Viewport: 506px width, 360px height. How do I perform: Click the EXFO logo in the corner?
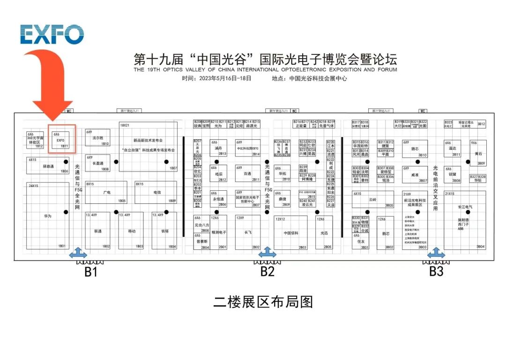[x=52, y=34]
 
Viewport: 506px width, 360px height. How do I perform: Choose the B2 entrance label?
[x=267, y=272]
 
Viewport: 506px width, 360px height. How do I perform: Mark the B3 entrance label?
[x=436, y=272]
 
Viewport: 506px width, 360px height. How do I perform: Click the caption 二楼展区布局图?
[x=263, y=301]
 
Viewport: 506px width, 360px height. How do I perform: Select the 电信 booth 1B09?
[x=156, y=192]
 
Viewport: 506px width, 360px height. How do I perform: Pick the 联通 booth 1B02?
[x=98, y=231]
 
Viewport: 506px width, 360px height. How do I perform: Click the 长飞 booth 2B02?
[x=247, y=232]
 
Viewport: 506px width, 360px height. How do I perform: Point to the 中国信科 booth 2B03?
[x=290, y=232]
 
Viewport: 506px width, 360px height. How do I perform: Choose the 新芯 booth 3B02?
[x=386, y=233]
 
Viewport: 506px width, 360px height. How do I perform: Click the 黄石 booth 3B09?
[x=478, y=153]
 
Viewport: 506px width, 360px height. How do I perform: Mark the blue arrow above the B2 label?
[x=267, y=253]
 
